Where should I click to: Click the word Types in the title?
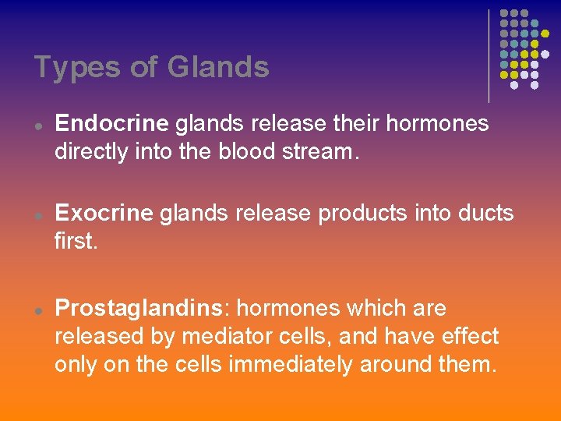76,67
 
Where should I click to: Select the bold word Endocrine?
112,123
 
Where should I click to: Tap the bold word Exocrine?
105,213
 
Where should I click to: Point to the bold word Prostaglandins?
139,309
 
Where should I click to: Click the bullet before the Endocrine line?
37,125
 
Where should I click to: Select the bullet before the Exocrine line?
37,214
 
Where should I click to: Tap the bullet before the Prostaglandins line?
37,310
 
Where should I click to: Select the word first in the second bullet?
76,241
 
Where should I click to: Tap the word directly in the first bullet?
88,150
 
